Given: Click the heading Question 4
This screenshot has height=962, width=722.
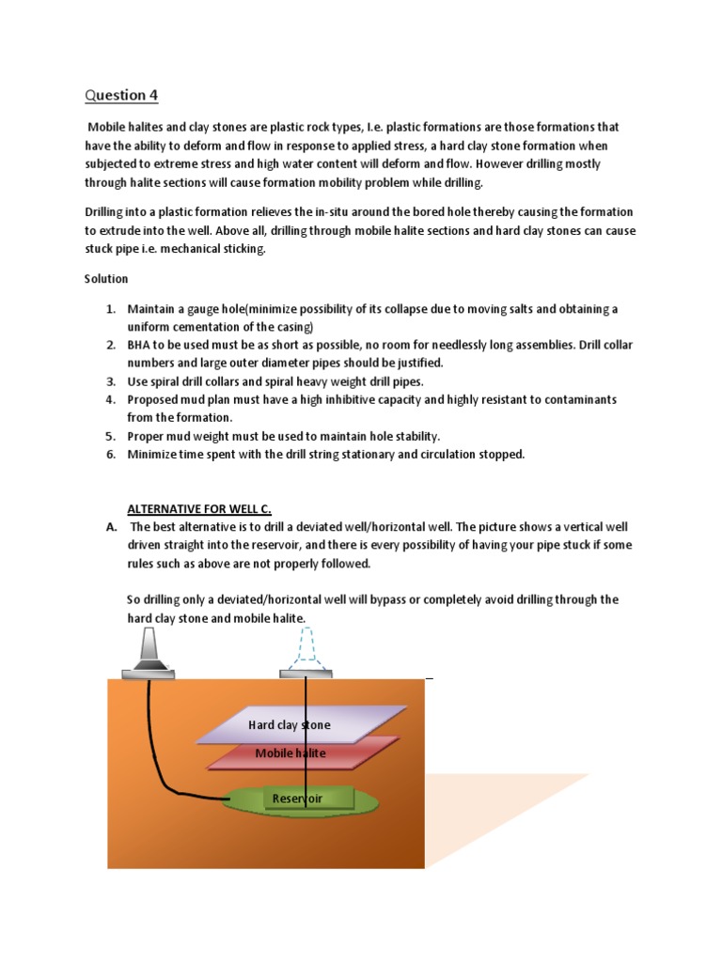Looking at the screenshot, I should click(117, 95).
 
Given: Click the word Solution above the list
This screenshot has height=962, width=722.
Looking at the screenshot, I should click(106, 279).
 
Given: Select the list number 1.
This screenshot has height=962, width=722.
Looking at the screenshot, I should click(109, 309).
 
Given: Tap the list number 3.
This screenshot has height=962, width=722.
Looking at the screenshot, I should click(109, 381).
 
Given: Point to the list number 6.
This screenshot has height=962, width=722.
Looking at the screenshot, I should click(109, 454).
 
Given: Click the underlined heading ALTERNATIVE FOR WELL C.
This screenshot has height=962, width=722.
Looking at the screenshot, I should click(199, 509).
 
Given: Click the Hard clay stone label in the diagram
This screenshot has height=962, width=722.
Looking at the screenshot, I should click(289, 725).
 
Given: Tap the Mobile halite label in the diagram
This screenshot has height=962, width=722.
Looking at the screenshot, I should click(290, 753).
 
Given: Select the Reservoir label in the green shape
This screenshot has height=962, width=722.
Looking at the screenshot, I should click(297, 799).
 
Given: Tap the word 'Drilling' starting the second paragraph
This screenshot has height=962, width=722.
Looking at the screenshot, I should click(108, 212).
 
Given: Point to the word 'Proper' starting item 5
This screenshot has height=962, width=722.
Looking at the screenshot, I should click(146, 436).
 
